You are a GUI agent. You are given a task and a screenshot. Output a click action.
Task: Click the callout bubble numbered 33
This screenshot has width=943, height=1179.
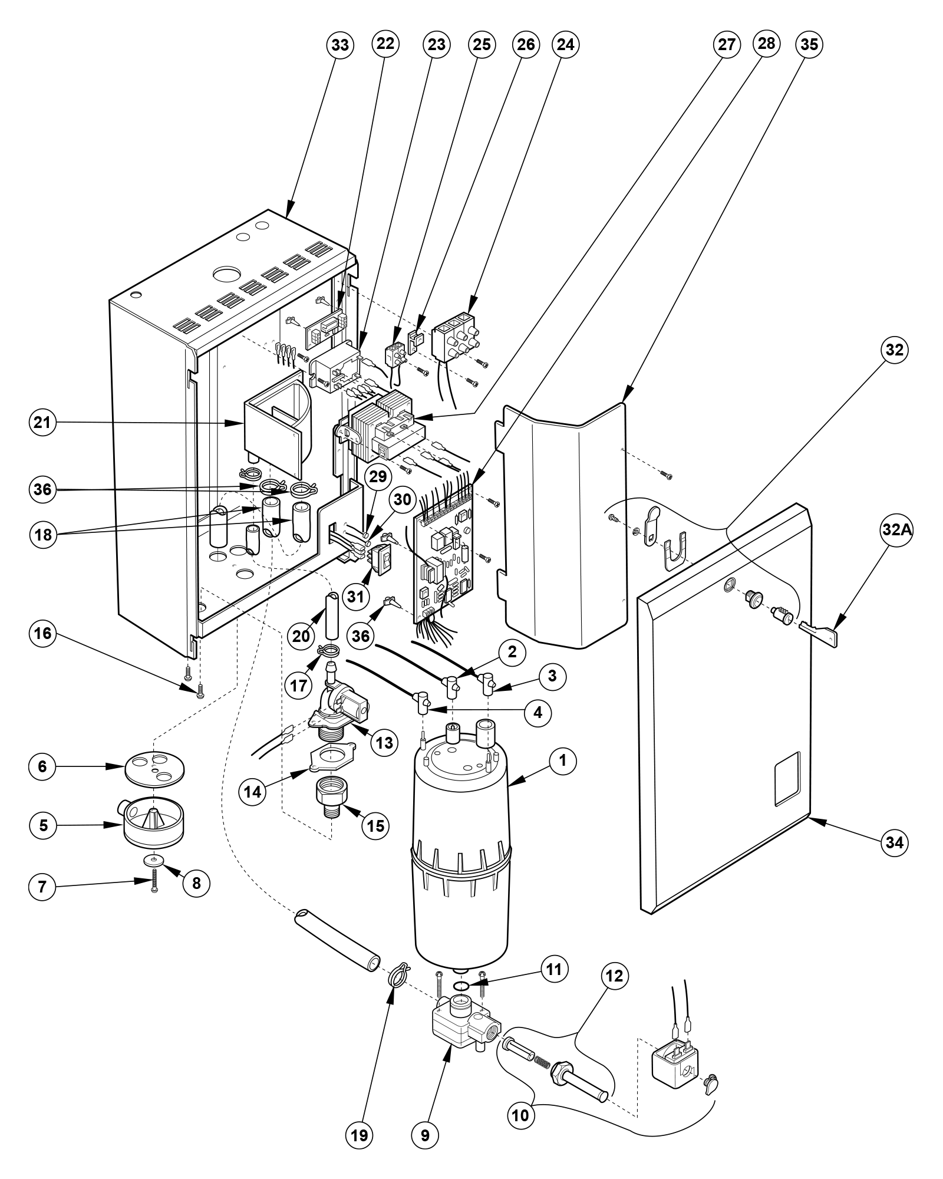click(x=340, y=45)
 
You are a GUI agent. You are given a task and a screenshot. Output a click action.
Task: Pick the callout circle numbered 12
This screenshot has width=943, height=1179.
click(x=614, y=976)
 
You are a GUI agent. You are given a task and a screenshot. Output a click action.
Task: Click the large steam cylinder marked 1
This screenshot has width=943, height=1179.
click(x=461, y=861)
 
